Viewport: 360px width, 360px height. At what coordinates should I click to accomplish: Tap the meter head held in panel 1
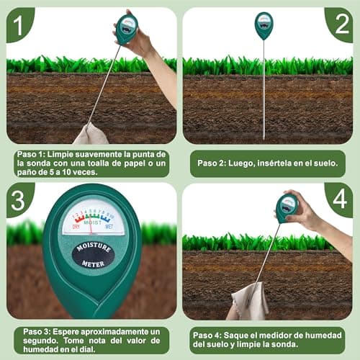(x=127, y=30)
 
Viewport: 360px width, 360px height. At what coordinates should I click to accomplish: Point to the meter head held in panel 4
(x=287, y=207)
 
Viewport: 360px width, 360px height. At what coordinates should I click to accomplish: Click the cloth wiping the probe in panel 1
(x=91, y=134)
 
